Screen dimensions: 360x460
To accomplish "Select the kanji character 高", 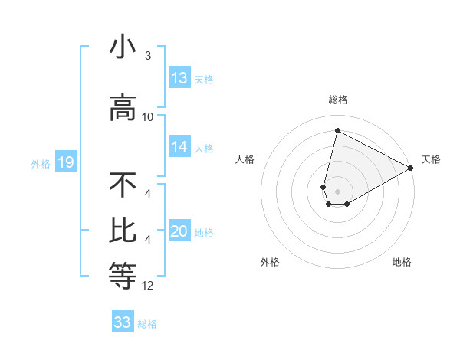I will click(123, 108).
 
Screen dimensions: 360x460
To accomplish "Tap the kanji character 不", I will click(123, 185).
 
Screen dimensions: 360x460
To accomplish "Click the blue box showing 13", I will click(179, 78).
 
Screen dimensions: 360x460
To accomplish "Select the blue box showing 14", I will click(179, 148).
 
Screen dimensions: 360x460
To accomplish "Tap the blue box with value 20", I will click(179, 232).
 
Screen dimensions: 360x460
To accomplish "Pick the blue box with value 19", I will click(65, 162).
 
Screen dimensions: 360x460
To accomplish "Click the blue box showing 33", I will click(123, 322).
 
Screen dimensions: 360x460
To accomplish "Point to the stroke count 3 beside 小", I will click(148, 57).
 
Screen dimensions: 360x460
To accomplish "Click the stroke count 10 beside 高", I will click(148, 117).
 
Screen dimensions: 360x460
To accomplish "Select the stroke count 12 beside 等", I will click(148, 286).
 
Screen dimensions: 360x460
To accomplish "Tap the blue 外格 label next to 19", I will click(40, 163).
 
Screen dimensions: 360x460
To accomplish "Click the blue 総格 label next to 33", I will click(147, 324).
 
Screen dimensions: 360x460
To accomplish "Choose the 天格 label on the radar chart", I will click(431, 159).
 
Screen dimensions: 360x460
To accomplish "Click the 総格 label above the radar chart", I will click(338, 100).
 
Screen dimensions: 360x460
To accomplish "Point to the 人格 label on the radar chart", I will click(245, 159).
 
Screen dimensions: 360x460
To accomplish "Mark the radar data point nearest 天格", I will click(412, 168).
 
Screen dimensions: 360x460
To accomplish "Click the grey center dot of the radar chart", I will click(338, 191).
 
